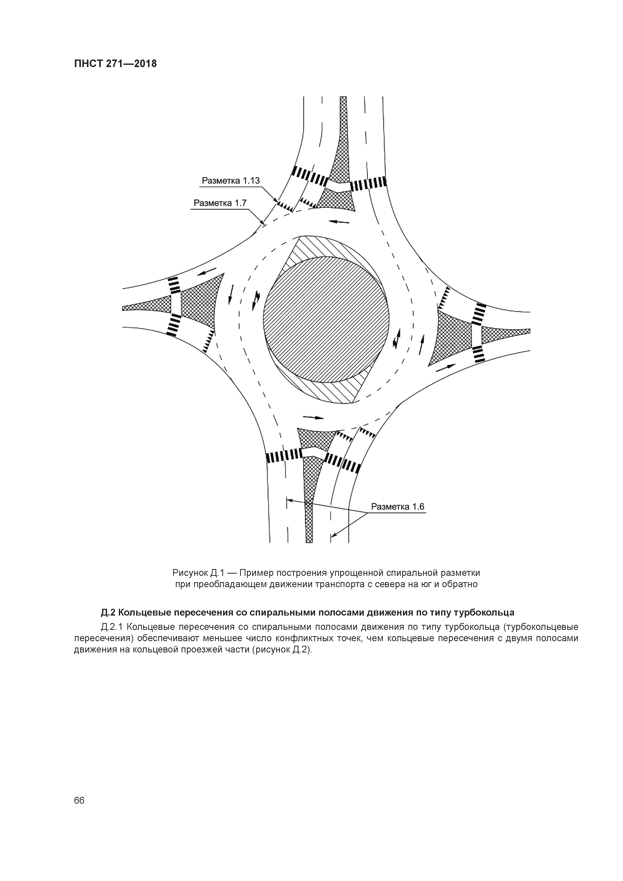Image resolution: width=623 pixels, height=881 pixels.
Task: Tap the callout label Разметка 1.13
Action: click(231, 180)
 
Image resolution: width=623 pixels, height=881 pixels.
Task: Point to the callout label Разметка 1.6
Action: click(397, 507)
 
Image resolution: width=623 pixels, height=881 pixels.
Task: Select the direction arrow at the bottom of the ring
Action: click(314, 417)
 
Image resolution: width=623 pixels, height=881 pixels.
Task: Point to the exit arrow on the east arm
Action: click(446, 367)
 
